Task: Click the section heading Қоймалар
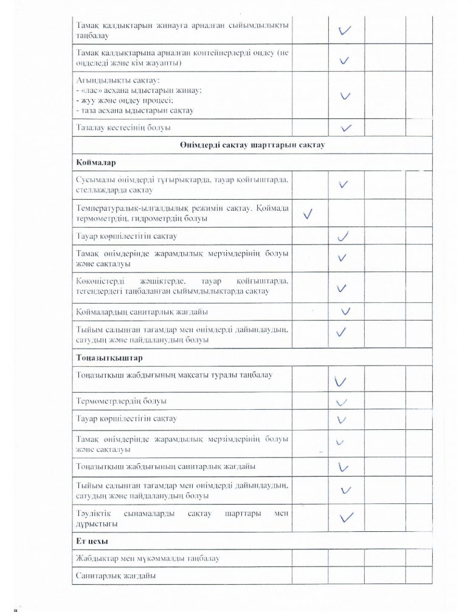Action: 96,164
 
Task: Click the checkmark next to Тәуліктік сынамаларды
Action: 346,517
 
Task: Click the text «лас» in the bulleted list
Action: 93,90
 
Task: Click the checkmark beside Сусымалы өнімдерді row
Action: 344,184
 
